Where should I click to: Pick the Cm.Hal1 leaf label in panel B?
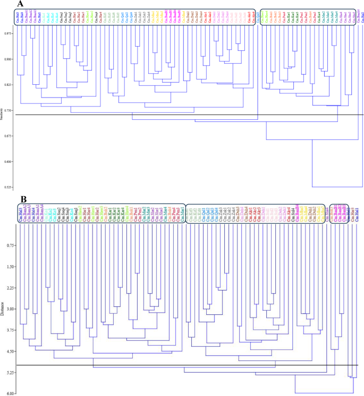[x=357, y=214]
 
